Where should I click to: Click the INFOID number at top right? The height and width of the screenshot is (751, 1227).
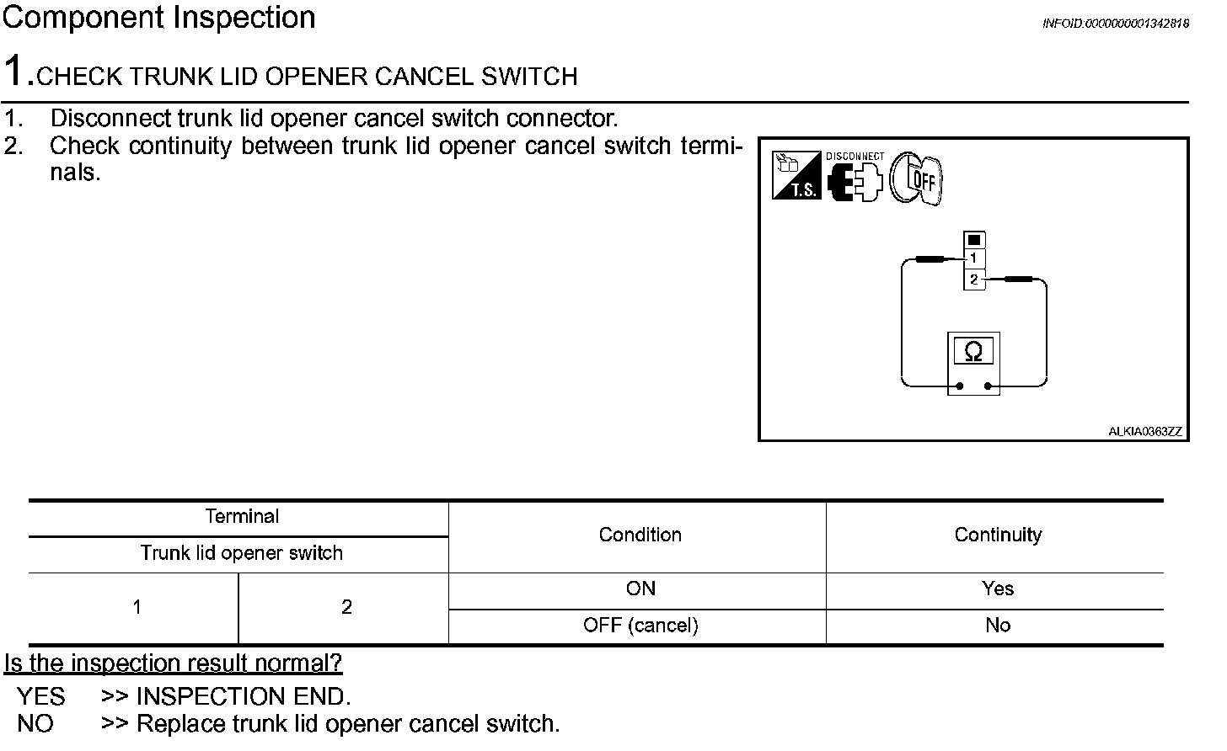coord(1115,24)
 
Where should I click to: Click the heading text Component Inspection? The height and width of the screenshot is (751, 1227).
coord(159,18)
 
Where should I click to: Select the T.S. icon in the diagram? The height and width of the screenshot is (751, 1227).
coord(796,175)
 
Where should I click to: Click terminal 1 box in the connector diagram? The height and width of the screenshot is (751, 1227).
coord(974,258)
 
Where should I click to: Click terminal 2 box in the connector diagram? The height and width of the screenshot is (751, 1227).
coord(974,280)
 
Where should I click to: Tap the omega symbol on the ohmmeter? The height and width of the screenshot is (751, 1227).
coord(973,352)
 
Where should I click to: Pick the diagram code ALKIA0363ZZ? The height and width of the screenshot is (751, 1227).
coord(1144,432)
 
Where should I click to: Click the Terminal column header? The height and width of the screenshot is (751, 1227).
coord(242,517)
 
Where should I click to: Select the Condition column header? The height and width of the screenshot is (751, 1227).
coord(640,535)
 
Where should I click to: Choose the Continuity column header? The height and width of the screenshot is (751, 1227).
coord(998,535)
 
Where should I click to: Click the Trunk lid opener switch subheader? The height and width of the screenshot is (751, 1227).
coord(242,553)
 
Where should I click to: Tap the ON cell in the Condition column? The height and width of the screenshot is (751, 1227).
coord(640,589)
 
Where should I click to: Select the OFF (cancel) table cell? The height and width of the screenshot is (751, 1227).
coord(640,626)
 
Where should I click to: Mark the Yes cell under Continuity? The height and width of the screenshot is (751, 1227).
coord(998,589)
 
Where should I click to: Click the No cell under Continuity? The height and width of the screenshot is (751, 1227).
coord(998,626)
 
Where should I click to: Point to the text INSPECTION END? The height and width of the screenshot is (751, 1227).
coord(243,697)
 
